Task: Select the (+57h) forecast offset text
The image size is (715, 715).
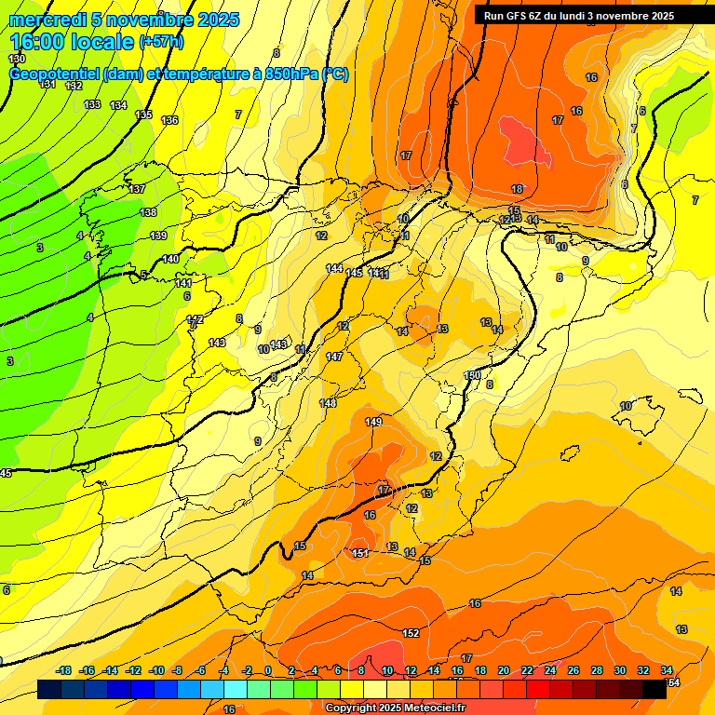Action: (x=161, y=42)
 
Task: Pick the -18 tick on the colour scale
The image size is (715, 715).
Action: (x=64, y=671)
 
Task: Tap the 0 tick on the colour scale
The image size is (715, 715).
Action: (x=268, y=671)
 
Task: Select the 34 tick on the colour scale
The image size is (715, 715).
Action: (x=667, y=671)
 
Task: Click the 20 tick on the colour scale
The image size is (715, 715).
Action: (x=504, y=671)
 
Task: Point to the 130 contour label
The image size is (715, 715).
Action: (x=17, y=59)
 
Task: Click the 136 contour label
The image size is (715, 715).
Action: (x=169, y=120)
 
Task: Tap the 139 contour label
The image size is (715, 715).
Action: (x=158, y=236)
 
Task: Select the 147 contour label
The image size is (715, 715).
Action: (x=334, y=357)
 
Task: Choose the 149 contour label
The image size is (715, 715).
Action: (x=373, y=422)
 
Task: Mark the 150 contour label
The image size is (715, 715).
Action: (x=472, y=375)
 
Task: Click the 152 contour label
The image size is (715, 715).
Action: (x=411, y=633)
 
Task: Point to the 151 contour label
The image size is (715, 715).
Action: (x=360, y=553)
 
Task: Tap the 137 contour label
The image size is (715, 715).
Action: (x=137, y=189)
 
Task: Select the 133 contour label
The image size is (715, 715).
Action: (x=92, y=104)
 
